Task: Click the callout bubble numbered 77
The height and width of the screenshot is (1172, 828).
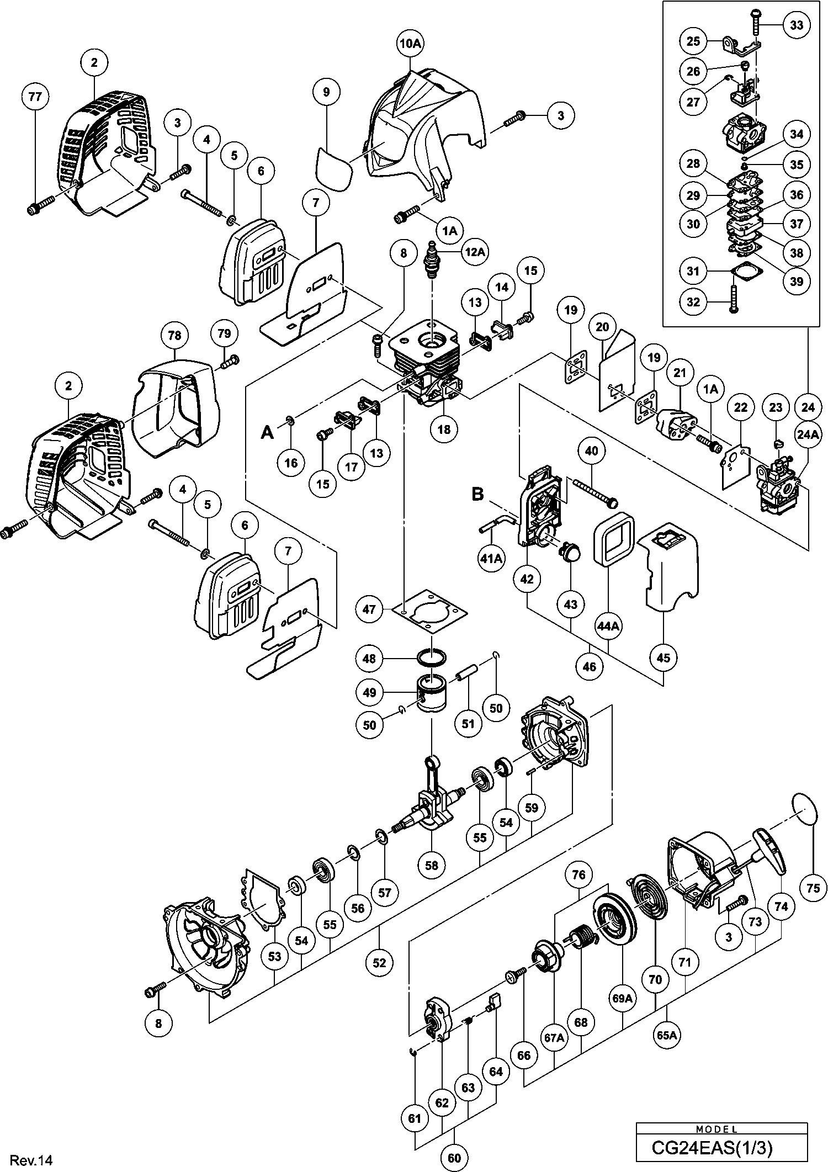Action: point(35,97)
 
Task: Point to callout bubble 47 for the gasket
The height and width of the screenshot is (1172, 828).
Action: point(369,609)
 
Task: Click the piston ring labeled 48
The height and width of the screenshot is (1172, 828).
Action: point(432,658)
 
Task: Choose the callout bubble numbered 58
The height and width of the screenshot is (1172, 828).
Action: point(432,865)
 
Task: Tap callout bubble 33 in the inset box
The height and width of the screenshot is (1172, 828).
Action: point(797,25)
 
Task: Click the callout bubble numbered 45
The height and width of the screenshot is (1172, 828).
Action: point(664,658)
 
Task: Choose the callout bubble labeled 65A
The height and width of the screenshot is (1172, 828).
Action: point(667,1035)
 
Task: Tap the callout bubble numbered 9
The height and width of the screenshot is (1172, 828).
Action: point(326,92)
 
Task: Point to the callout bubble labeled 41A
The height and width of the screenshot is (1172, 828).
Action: point(491,559)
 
